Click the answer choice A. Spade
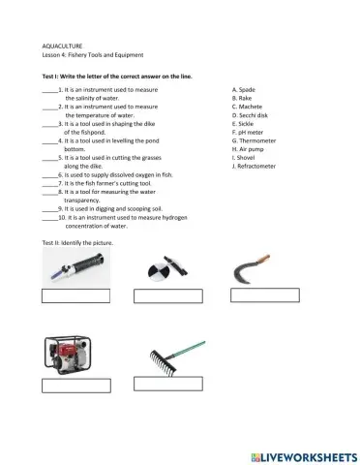[x=245, y=89]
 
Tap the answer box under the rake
[x=167, y=383]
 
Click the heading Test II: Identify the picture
[x=79, y=240]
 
